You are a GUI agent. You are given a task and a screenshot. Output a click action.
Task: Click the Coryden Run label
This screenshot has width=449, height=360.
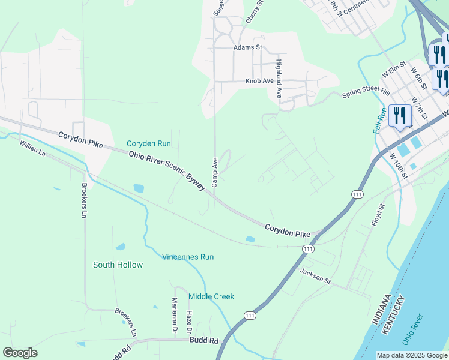click(x=149, y=143)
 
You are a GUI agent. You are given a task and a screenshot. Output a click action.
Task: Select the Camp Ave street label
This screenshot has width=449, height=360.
click(x=214, y=172)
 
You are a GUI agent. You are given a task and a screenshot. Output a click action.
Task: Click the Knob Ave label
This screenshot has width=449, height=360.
click(x=259, y=80)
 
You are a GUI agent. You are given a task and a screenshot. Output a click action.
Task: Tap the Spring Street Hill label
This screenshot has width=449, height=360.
click(x=366, y=93)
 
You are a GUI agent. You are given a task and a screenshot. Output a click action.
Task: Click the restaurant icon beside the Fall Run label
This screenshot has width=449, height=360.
click(x=399, y=115)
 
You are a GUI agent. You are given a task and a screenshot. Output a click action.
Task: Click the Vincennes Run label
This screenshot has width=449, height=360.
click(x=188, y=257)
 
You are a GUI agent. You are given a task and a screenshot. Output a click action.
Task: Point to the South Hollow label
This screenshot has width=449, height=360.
click(x=118, y=265)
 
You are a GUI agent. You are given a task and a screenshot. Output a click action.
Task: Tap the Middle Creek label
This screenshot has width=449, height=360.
click(x=211, y=296)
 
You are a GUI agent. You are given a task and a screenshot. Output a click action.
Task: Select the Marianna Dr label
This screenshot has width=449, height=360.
click(x=175, y=316)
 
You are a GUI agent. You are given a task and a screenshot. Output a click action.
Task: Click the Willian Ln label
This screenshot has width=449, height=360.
click(x=32, y=148)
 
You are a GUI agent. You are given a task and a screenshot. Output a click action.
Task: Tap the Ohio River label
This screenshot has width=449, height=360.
click(x=413, y=329)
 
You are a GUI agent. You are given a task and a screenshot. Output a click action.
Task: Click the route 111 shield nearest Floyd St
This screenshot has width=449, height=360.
click(x=358, y=195)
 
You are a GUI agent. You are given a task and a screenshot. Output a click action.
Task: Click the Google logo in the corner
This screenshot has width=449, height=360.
click(x=20, y=353)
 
